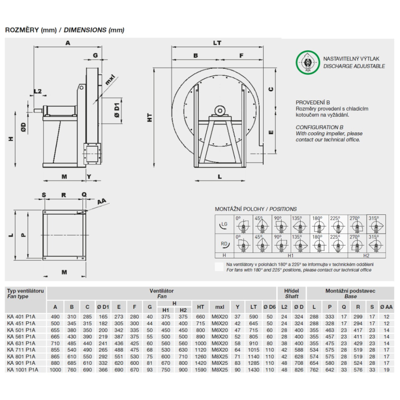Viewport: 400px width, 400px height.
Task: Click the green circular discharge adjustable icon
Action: click(307, 62)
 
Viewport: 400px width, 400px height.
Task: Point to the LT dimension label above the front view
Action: click(217, 42)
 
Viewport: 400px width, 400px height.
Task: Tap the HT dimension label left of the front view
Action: click(150, 118)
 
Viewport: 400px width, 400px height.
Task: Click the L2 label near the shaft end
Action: click(38, 91)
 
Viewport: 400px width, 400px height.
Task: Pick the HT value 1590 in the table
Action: click(200, 370)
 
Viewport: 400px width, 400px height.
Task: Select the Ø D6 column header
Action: click(270, 307)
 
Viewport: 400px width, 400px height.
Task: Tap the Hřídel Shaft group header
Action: click(292, 294)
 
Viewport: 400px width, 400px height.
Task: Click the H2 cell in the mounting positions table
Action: click(366, 255)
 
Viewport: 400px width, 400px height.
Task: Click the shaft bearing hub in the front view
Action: click(220, 110)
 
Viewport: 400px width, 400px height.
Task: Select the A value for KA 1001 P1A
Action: click(55, 370)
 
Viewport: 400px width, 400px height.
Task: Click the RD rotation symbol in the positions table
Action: click(224, 243)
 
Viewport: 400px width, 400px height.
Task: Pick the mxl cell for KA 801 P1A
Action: click(219, 356)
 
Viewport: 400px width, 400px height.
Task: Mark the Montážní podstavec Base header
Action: click(350, 294)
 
